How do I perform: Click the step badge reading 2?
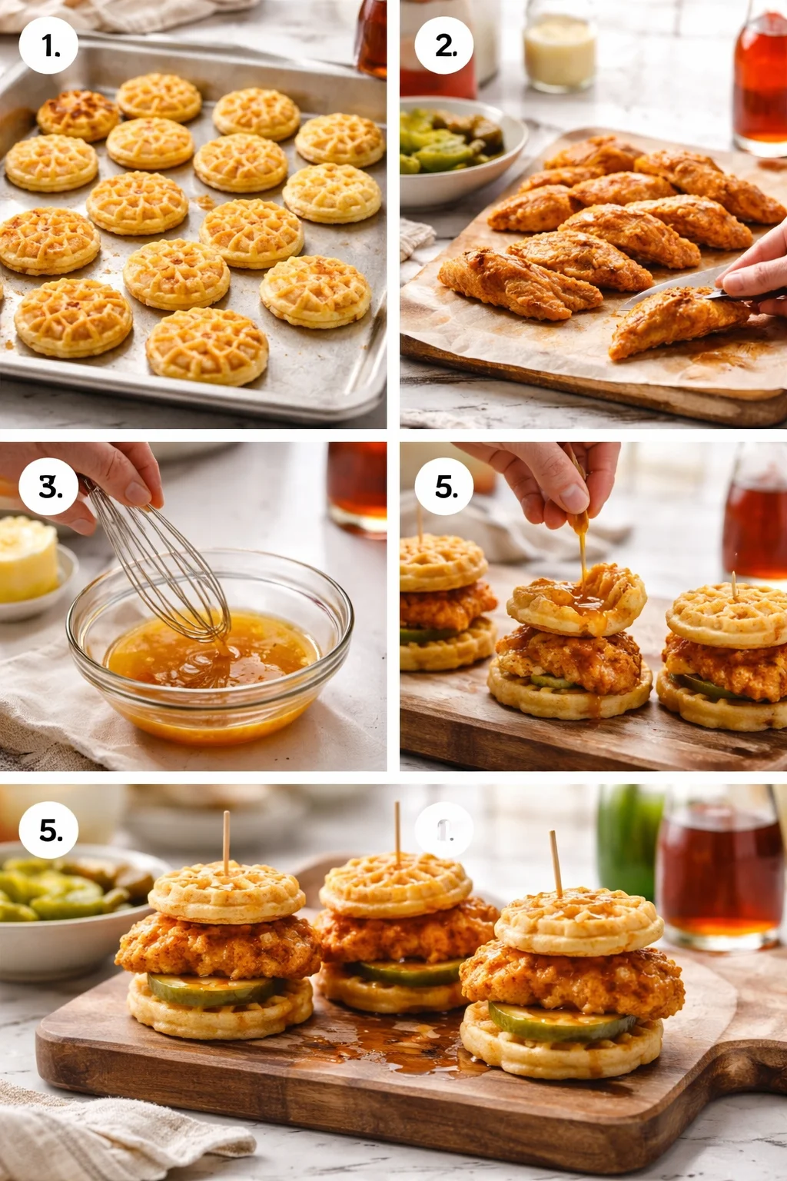pos(445,45)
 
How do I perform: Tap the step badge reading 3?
pos(50,487)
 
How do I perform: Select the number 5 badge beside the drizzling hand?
pos(445,487)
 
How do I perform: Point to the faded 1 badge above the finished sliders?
pos(445,830)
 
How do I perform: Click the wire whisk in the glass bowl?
pos(165,569)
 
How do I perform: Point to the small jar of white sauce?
pos(560,46)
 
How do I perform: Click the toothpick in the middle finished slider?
pos(397,830)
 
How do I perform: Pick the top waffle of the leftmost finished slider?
pos(226,894)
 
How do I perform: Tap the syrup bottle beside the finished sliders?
pos(719,869)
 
